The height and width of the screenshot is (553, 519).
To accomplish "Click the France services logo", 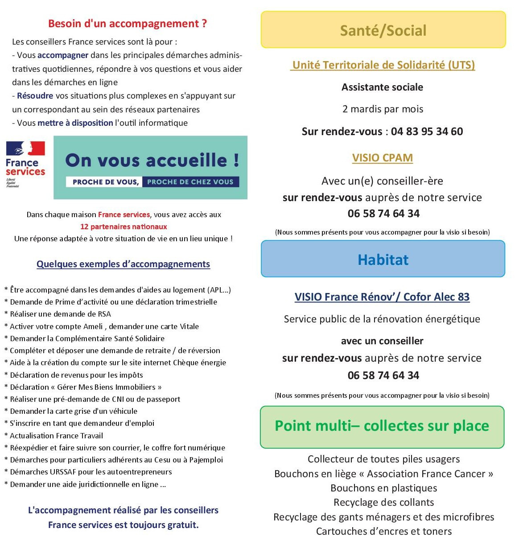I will click(x=25, y=164).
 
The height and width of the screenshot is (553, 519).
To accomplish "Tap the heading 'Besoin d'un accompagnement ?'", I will click(x=128, y=24).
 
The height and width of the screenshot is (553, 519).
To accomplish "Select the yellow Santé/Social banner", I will click(x=383, y=30).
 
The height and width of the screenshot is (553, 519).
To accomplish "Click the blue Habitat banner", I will click(x=383, y=259).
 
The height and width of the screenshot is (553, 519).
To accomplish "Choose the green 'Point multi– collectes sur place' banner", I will click(x=382, y=426).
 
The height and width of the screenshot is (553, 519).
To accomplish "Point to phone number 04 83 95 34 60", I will click(x=427, y=132).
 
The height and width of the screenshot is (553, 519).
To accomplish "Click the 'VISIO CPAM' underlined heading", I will click(x=383, y=158).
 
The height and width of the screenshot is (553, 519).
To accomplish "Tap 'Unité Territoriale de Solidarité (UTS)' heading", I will click(x=383, y=65).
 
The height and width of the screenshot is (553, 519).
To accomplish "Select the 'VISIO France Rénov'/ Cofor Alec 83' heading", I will click(x=382, y=297).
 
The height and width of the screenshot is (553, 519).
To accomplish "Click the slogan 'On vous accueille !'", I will click(x=152, y=161).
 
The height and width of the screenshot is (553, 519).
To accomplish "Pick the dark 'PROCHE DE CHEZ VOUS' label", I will click(x=190, y=182).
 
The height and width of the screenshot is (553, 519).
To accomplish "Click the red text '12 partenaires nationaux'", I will click(x=124, y=227).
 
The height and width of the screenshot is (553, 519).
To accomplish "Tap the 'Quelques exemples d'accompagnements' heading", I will click(x=123, y=264).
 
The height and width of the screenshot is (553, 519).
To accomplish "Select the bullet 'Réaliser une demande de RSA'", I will click(x=60, y=314).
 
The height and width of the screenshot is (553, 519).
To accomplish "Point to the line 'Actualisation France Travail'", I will click(x=56, y=436).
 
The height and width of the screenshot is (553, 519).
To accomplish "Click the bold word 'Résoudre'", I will click(x=35, y=96).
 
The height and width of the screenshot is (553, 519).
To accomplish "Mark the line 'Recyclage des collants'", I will click(x=384, y=503).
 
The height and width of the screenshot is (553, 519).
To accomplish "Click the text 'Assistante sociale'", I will click(x=383, y=87).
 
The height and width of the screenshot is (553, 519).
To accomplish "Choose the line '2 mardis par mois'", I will click(x=383, y=109).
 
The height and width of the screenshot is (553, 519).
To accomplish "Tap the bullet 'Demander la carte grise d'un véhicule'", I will click(x=74, y=411).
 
